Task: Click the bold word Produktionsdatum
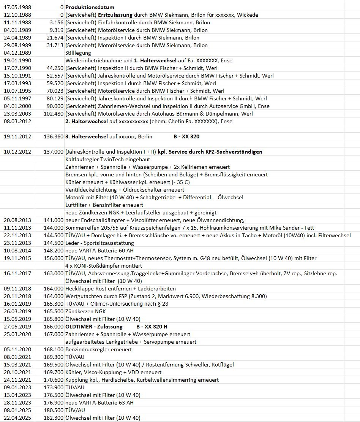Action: point(90,7)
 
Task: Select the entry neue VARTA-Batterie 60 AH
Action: point(99,251)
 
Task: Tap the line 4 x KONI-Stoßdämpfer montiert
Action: point(104,266)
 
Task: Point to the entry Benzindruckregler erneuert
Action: point(98,349)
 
